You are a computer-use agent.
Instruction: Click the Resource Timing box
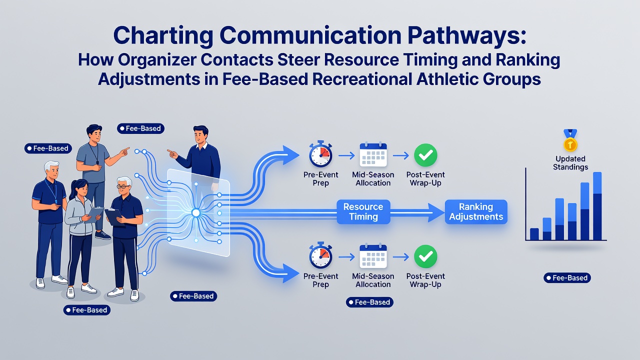tap(363, 211)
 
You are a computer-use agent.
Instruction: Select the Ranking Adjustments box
tap(476, 211)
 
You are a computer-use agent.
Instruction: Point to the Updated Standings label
tap(570, 163)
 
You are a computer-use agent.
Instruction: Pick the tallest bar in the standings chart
tap(597, 206)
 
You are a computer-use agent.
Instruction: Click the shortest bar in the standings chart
tap(534, 234)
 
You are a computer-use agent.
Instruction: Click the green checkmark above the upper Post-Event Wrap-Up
tap(425, 155)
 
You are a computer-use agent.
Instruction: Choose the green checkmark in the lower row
tap(425, 256)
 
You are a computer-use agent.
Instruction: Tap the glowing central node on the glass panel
tap(195, 212)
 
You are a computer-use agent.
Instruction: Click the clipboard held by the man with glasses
tap(114, 217)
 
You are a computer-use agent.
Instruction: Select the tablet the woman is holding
tap(95, 214)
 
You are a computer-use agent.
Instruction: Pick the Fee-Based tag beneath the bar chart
tap(567, 277)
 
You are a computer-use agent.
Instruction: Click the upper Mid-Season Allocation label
tap(373, 178)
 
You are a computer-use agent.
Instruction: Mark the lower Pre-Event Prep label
tap(320, 280)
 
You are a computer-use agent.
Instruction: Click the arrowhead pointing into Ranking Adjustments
tap(436, 212)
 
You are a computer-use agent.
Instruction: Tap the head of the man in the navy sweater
tap(201, 134)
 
